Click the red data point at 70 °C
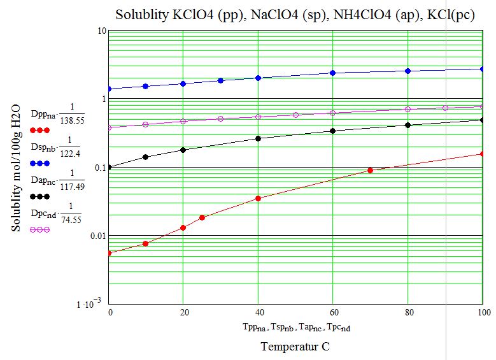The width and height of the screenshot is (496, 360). click(x=371, y=170)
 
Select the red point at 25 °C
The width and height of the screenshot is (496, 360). click(x=202, y=217)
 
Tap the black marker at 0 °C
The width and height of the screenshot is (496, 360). click(x=109, y=167)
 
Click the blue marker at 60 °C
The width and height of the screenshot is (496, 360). click(x=333, y=73)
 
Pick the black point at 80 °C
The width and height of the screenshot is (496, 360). click(x=408, y=125)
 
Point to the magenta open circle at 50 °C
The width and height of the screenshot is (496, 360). click(x=295, y=115)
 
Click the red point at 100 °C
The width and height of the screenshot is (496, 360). click(x=483, y=154)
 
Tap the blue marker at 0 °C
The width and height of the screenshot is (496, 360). click(x=109, y=89)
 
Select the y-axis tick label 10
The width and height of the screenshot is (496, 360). click(x=99, y=31)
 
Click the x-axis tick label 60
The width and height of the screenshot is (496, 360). click(x=333, y=312)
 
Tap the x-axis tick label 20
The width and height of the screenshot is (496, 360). click(x=183, y=312)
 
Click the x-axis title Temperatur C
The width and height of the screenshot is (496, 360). click(x=295, y=347)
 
